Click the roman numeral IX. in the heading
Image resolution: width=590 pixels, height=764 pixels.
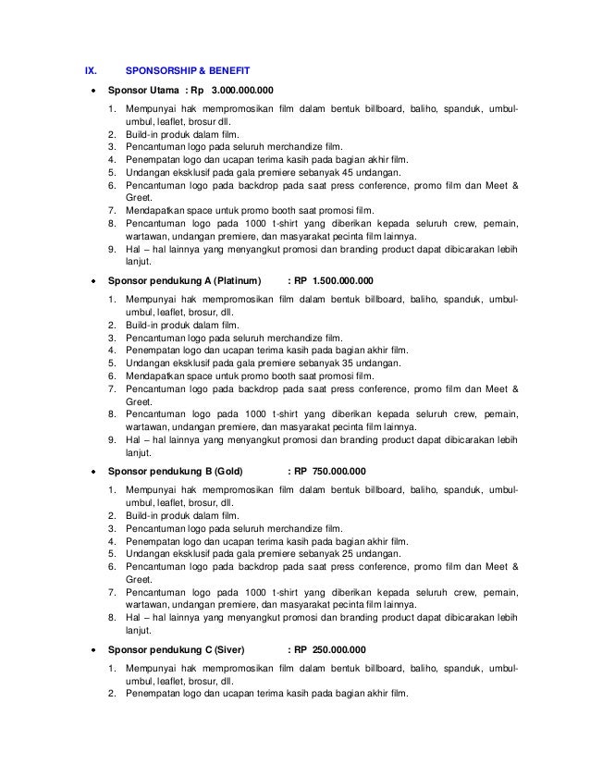coord(90,69)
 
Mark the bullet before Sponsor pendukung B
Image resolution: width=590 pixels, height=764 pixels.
coord(92,471)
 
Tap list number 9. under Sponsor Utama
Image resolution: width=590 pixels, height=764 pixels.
coord(112,249)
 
